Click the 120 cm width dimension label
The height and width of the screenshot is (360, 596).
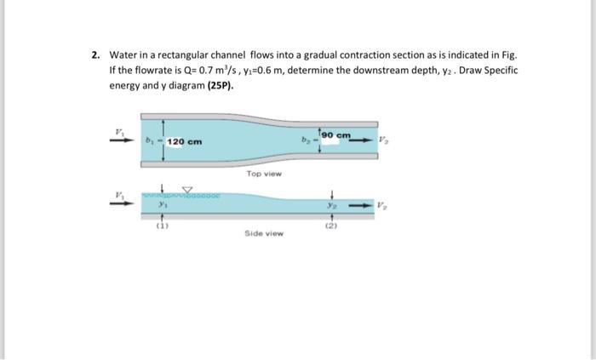(185, 141)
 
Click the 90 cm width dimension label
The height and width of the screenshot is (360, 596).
(336, 135)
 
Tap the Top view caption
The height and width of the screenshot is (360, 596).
(264, 174)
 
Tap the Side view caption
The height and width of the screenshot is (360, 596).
(264, 233)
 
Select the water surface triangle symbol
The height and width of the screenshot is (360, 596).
(187, 190)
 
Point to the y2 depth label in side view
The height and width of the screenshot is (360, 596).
(330, 205)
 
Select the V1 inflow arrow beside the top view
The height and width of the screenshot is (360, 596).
(122, 140)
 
